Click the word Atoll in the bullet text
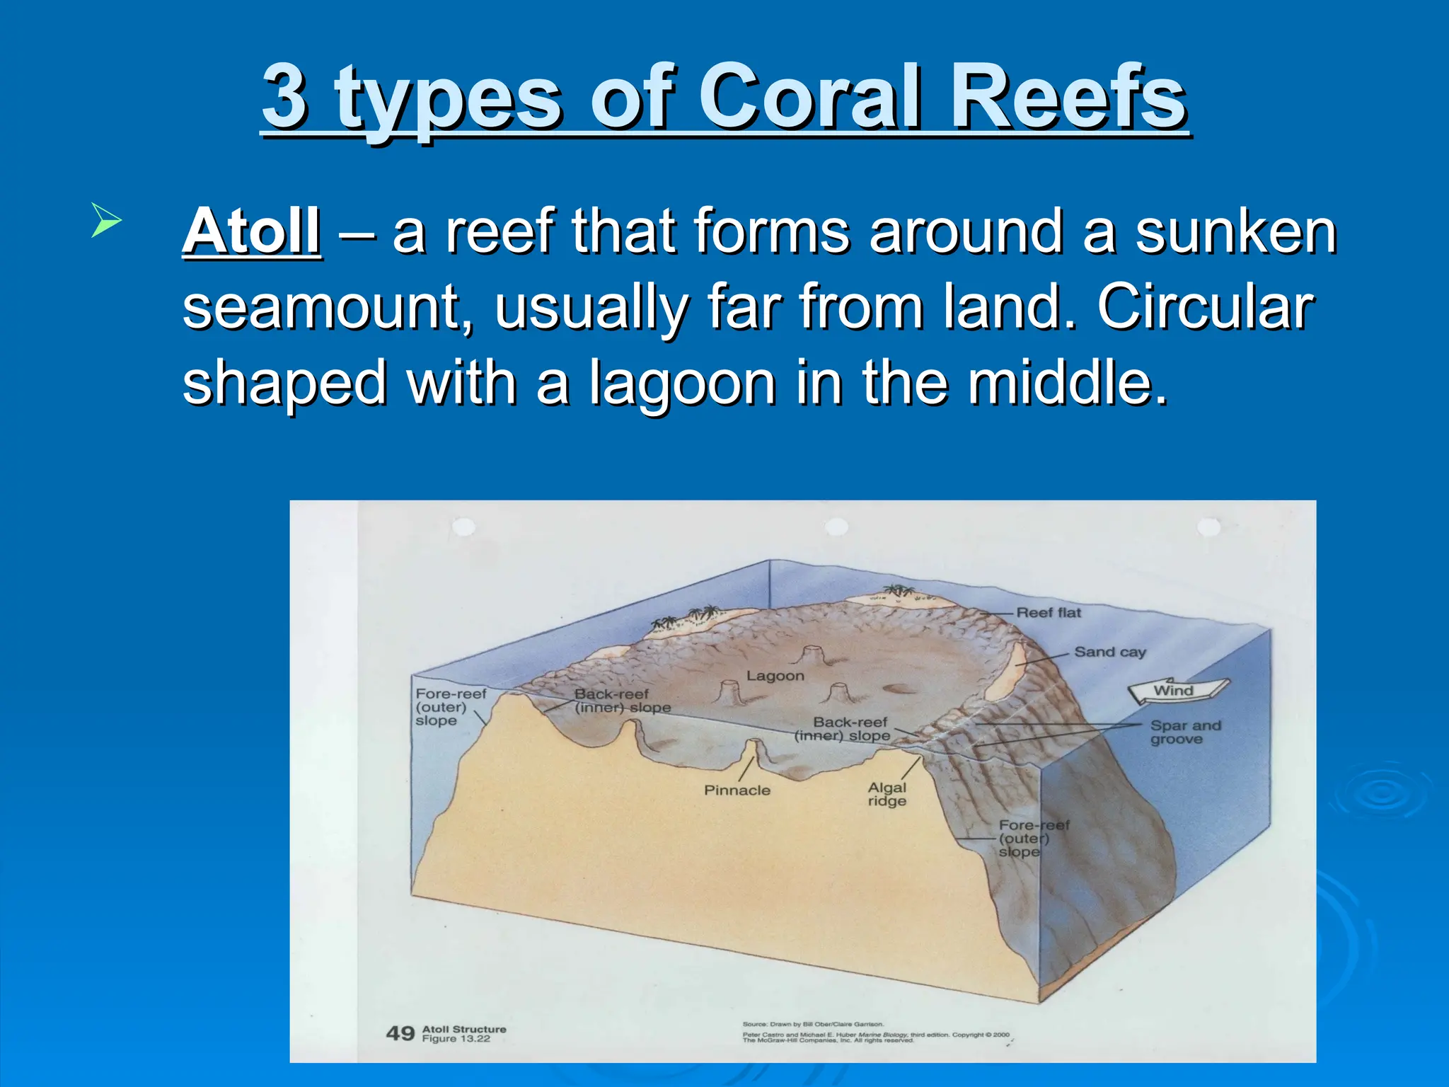click(252, 232)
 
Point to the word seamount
click(328, 309)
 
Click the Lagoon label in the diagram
click(775, 676)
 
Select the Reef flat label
click(1049, 613)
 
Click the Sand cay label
click(1109, 652)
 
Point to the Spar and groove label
click(1185, 732)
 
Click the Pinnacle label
click(737, 790)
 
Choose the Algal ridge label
click(887, 794)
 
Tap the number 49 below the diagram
click(400, 1034)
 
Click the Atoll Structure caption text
click(464, 1029)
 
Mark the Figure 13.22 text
click(456, 1039)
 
